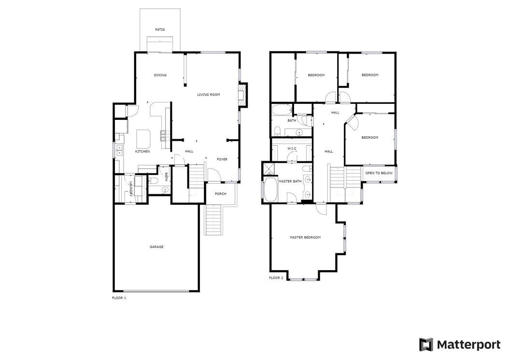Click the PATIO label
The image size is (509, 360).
160,29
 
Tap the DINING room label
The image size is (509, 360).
160,75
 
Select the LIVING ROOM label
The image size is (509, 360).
209,95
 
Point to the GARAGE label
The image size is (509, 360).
156,247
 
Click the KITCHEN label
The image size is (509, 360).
142,151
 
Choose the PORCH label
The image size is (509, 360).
220,194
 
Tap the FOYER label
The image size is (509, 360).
222,159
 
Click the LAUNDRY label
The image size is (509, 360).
131,189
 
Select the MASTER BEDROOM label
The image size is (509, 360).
305,238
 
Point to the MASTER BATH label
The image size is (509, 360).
290,181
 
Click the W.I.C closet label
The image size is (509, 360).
292,148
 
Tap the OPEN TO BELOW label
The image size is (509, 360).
379,173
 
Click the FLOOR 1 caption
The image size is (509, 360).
119,298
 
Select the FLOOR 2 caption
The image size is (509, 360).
276,278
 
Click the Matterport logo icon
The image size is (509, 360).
426,345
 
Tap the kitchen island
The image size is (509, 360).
143,139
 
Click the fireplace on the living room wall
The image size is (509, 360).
242,95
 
